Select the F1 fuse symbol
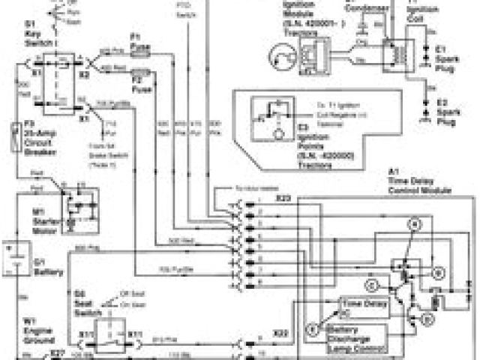click(x=140, y=50)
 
